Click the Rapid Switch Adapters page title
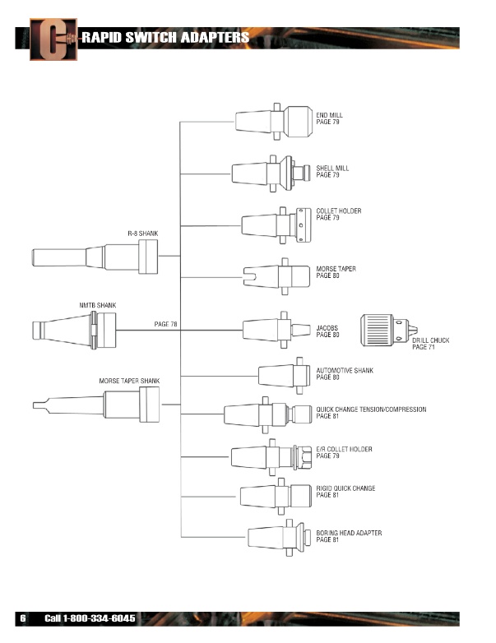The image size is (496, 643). (165, 37)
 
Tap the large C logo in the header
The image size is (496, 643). (53, 39)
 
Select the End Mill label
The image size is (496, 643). (330, 118)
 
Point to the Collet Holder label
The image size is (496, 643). (339, 214)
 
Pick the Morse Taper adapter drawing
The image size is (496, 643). (276, 276)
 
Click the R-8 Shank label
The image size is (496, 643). (143, 234)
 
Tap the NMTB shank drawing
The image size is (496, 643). (74, 330)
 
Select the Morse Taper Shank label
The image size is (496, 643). (129, 381)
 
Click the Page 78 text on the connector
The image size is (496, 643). (165, 324)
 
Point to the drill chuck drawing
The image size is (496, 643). (389, 330)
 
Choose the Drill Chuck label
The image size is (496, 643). (431, 344)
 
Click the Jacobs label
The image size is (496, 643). (327, 331)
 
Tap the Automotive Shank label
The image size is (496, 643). (345, 373)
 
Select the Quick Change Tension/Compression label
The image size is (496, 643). (371, 413)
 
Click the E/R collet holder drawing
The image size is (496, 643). (271, 457)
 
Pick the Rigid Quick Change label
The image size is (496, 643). (345, 491)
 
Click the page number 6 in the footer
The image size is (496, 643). (23, 618)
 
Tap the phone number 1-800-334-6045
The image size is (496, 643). (99, 618)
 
